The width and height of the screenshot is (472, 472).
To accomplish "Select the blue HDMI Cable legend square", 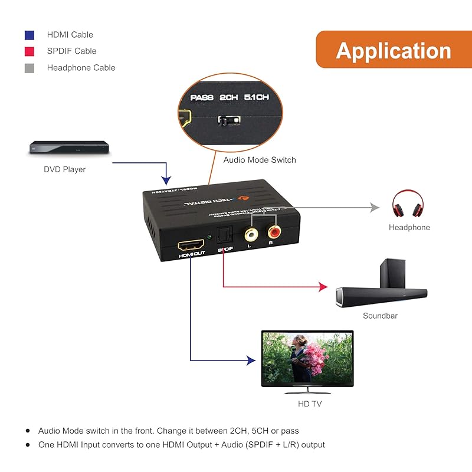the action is tap(29, 35).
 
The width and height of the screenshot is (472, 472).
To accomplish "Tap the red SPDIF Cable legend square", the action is tap(29, 51).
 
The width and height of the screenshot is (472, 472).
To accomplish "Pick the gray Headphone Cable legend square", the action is tap(29, 68).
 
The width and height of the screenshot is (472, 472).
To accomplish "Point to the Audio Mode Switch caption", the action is tap(260, 160).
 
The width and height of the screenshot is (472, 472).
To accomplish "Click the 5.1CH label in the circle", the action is tap(255, 97).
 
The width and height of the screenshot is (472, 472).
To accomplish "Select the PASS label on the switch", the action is tap(202, 97).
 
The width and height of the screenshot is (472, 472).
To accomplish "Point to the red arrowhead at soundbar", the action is tap(323, 287).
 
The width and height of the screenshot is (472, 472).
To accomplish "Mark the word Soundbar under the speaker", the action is tap(380, 316).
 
